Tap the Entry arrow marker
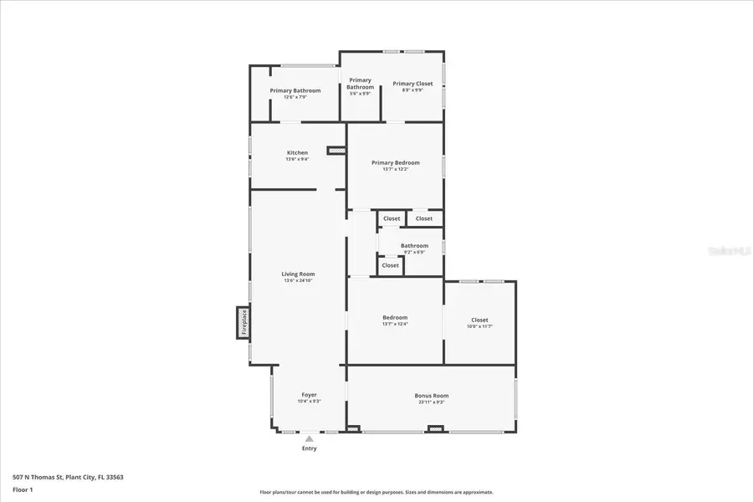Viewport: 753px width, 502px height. [x=310, y=438]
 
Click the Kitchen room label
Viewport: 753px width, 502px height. [x=297, y=153]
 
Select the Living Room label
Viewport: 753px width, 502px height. [x=298, y=274]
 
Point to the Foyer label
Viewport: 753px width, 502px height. [x=309, y=395]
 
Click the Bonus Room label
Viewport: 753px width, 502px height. [x=432, y=396]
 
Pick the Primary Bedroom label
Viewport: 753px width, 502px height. [x=396, y=163]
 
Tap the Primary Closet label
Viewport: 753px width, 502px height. [x=412, y=84]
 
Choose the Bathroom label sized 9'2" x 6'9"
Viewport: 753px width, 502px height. [x=414, y=246]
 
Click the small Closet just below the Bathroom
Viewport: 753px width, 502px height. [x=391, y=266]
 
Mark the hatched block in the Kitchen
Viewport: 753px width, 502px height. [x=336, y=151]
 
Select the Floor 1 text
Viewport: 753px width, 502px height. [x=23, y=489]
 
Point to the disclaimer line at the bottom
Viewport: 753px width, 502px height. [x=376, y=492]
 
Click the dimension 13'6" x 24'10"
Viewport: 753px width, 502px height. [x=298, y=281]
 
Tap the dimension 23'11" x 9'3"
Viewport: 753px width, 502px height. [x=432, y=402]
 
